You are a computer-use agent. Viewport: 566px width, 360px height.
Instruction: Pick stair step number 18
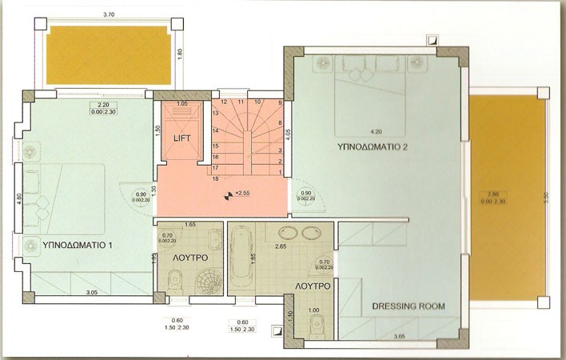(215, 178)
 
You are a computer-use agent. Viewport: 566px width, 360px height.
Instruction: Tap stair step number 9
(280, 103)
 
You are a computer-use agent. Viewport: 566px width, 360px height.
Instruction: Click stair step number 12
(225, 102)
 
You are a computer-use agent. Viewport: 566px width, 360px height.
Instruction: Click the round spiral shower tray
(211, 281)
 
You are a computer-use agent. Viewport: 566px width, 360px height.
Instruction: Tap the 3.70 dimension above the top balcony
(109, 14)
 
